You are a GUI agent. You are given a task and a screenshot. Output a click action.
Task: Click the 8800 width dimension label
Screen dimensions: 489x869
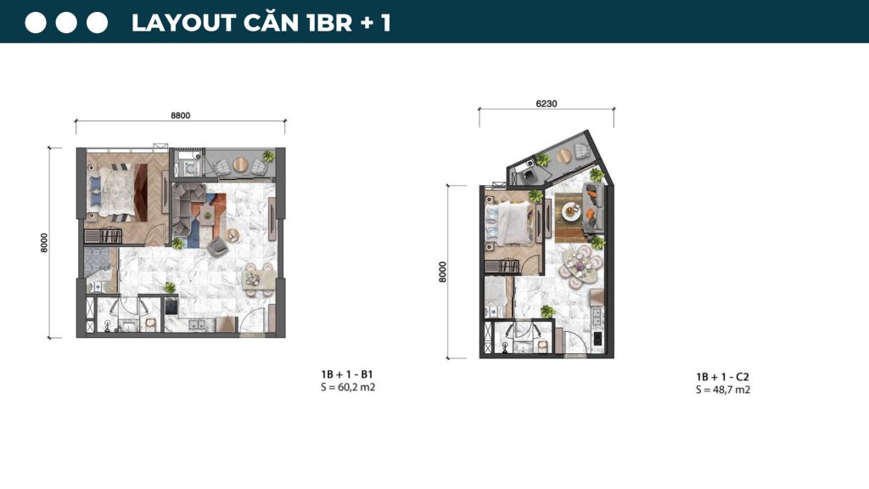coord(178,115)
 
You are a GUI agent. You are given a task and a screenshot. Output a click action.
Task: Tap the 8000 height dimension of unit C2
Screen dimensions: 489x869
coord(442,271)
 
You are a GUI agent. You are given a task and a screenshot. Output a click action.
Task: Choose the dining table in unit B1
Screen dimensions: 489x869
coord(256,277)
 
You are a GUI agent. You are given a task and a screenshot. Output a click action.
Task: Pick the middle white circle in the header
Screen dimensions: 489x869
coord(67,23)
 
